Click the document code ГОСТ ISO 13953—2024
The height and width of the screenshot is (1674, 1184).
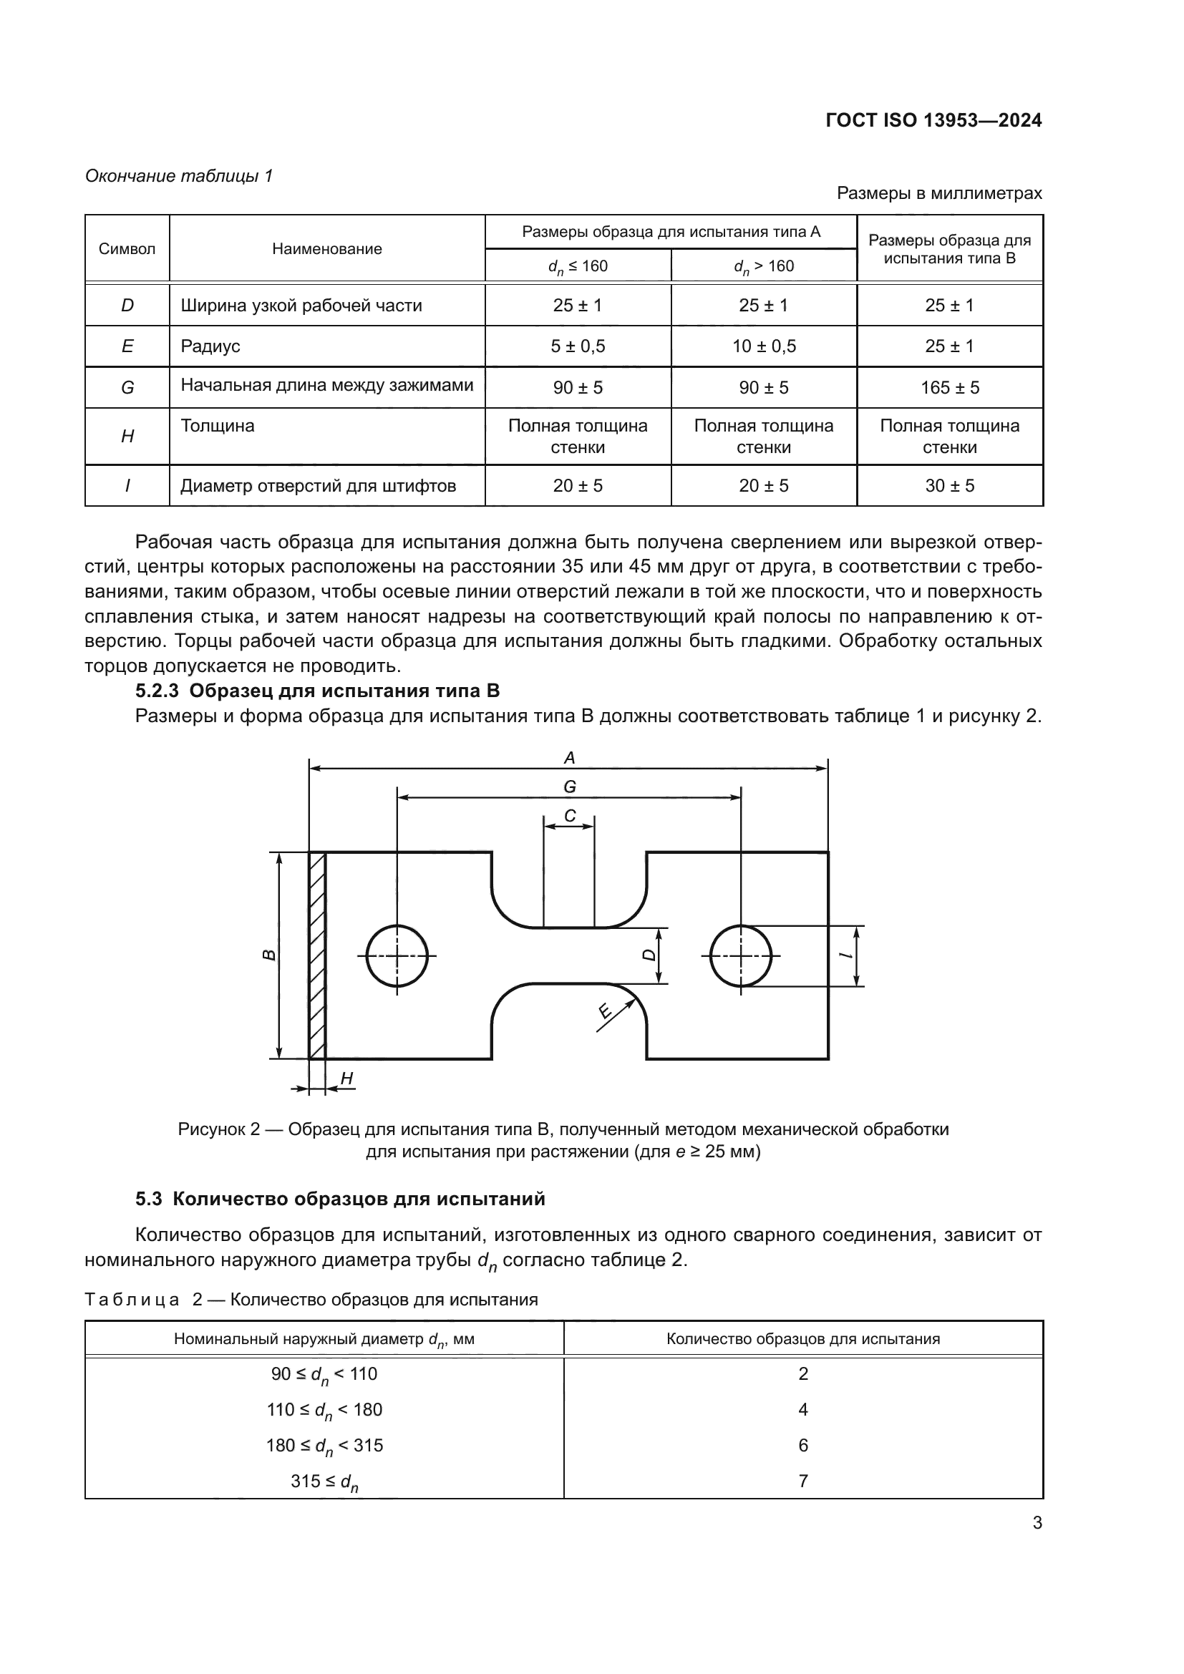[x=933, y=121]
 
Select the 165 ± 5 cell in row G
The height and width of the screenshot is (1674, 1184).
[x=949, y=388]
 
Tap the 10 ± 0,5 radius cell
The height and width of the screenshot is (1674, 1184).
[x=763, y=346]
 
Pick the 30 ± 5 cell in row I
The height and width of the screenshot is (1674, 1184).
[x=949, y=485]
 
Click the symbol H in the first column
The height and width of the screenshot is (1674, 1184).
[x=127, y=437]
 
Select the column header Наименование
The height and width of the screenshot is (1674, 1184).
[x=326, y=248]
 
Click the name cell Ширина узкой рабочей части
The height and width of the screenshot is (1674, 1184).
[x=301, y=306]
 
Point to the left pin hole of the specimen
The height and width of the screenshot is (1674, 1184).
[x=397, y=956]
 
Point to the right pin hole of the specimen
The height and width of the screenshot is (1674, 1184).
[x=740, y=956]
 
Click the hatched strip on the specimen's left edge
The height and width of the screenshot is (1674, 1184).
[x=317, y=955]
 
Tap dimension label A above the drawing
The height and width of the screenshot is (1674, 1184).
[x=569, y=758]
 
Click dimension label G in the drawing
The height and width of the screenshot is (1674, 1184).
[x=569, y=787]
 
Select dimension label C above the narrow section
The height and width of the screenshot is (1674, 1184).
[x=569, y=817]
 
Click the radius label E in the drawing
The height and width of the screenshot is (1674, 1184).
[x=604, y=1011]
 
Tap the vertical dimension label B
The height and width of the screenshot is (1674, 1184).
[x=269, y=955]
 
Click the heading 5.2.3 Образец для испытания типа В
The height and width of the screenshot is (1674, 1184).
[x=317, y=691]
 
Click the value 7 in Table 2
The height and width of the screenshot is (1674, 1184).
[x=802, y=1481]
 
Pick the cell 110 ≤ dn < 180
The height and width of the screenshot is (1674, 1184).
[x=324, y=1410]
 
